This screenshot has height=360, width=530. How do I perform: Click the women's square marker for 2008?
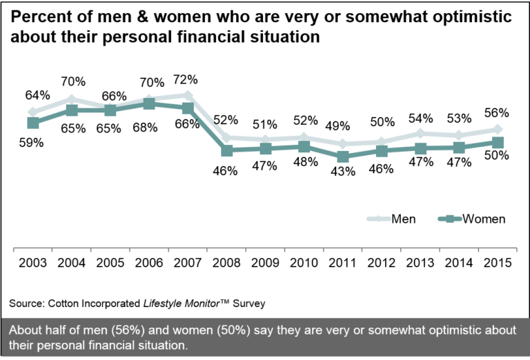click(227, 150)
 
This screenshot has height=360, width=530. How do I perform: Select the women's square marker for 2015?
click(498, 142)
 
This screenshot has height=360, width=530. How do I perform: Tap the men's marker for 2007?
click(188, 94)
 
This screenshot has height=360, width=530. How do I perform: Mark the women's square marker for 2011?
click(343, 157)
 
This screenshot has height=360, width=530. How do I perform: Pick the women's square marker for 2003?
click(33, 123)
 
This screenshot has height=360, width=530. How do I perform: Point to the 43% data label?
click(343, 171)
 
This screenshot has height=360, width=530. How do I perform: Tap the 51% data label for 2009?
click(264, 124)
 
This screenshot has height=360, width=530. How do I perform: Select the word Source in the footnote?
click(23, 303)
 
